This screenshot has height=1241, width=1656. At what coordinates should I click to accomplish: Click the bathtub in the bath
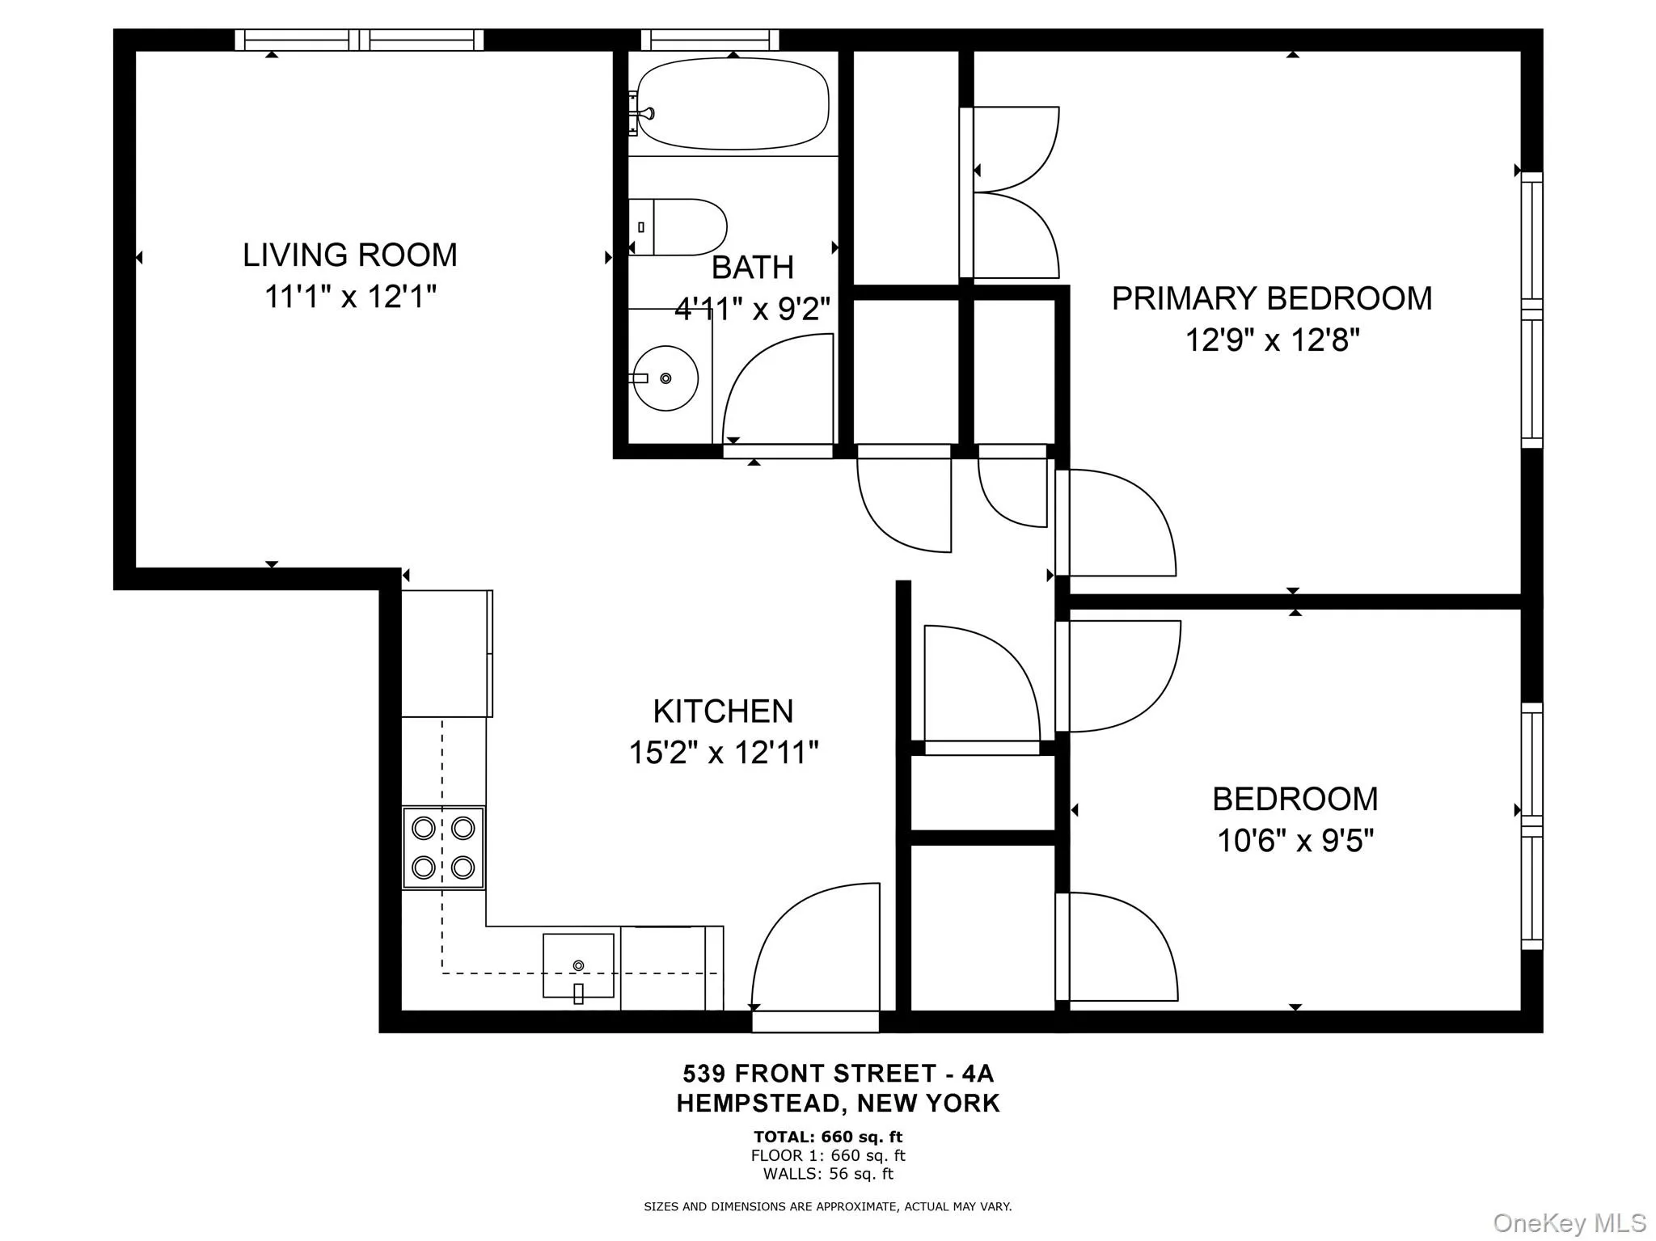pos(733,103)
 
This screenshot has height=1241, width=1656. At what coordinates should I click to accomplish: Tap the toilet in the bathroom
pos(679,227)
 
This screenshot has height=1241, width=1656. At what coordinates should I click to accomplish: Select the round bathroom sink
pos(665,378)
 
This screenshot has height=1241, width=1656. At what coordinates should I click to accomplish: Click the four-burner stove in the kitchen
pos(443,847)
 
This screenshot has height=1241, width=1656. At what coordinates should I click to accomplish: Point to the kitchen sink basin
pos(578,965)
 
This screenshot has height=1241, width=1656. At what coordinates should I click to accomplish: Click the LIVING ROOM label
pos(350,255)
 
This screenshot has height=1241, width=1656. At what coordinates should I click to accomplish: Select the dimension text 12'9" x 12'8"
pos(1272,340)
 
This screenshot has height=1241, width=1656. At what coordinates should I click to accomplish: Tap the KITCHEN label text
pos(723,711)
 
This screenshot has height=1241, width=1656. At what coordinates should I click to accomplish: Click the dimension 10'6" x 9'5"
pos(1295,842)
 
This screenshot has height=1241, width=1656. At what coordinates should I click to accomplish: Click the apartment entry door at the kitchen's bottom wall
pos(815,1022)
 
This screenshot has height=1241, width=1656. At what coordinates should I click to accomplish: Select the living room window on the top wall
pos(360,40)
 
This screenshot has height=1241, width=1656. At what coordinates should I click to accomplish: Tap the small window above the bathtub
pos(710,40)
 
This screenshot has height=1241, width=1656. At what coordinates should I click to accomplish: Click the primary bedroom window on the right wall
pos(1531,310)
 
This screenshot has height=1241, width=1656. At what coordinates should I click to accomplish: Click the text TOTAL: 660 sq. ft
pos(828,1138)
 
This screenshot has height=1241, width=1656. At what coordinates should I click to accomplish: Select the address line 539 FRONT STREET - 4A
pos(839,1074)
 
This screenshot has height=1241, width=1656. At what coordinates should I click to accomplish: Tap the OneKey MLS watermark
pos(1569,1222)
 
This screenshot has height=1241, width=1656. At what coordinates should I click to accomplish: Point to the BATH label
pos(752,268)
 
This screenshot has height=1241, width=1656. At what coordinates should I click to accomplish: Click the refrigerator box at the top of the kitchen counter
pos(446,653)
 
